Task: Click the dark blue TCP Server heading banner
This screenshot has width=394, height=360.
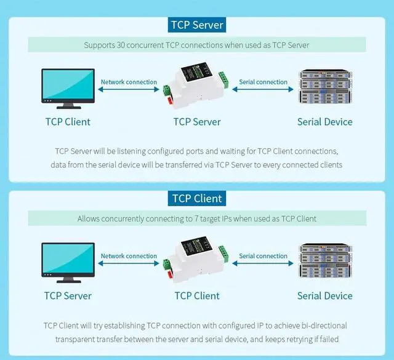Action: [197, 25]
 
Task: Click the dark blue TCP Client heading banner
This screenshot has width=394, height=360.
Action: [197, 199]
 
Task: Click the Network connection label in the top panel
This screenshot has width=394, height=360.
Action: [129, 82]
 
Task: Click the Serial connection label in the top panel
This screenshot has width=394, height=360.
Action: [263, 82]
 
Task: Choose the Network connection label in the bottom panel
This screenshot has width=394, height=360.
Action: [129, 256]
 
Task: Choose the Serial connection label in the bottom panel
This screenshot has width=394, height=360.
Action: [263, 256]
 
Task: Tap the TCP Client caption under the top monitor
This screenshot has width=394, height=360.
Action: [68, 122]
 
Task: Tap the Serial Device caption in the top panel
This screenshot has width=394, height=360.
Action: [324, 122]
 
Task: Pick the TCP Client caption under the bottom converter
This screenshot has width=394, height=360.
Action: [197, 296]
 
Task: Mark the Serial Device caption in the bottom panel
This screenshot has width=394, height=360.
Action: [324, 296]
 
